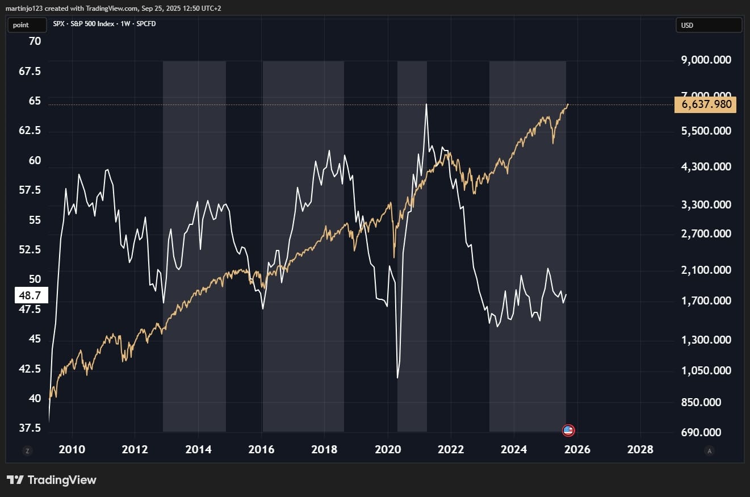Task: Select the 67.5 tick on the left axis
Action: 30,72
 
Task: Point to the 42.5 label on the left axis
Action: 30,369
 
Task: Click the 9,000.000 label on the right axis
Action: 706,60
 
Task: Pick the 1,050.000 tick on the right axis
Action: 706,371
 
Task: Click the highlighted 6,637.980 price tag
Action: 705,105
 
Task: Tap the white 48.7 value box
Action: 30,295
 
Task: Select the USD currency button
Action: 709,26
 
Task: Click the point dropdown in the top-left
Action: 26,26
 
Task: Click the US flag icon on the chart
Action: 568,430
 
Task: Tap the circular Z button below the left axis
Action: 27,451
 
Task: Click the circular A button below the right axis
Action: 709,451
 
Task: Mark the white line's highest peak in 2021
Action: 426,104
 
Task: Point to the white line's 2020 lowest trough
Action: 397,378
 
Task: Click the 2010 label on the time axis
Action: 72,450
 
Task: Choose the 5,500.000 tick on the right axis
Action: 706,131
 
